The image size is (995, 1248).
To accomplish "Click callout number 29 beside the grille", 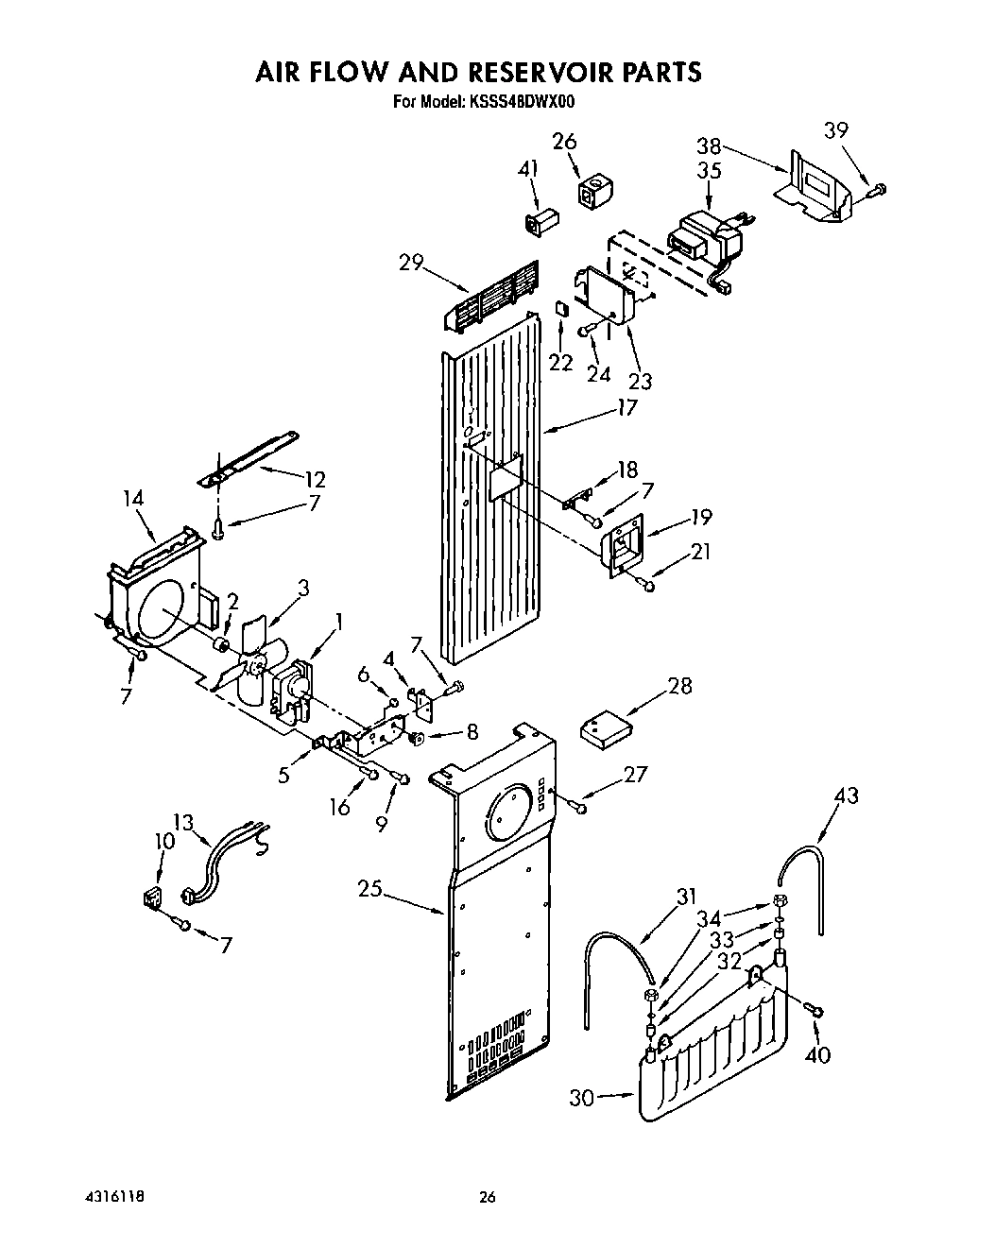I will (x=412, y=263).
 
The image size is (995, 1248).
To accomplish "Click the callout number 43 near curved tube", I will (x=847, y=795).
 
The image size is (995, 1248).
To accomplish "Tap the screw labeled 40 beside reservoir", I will (x=814, y=1011).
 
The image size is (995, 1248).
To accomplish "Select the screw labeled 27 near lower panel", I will (x=577, y=806).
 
